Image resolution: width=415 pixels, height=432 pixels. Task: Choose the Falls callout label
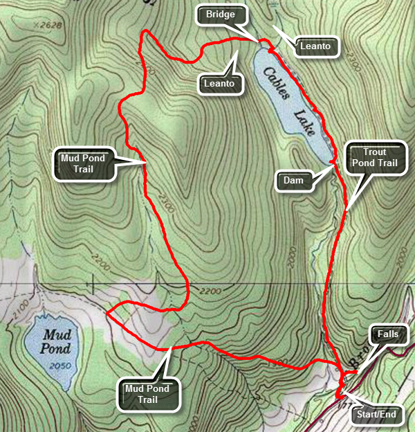pyautogui.click(x=387, y=334)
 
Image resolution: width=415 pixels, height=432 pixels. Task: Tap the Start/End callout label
pyautogui.click(x=378, y=415)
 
